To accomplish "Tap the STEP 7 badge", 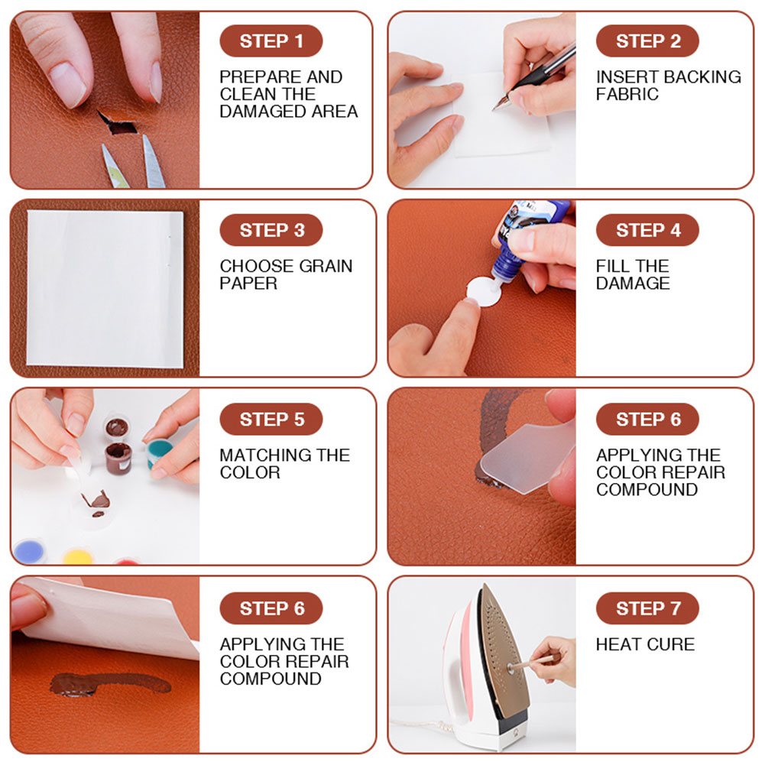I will [x=647, y=608].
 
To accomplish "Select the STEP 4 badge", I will [x=647, y=230].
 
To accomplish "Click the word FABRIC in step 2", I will [x=627, y=95].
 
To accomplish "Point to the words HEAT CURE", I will [x=645, y=644].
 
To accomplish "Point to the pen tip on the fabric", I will [x=498, y=106].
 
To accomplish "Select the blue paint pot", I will [x=29, y=549].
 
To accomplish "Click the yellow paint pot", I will [x=77, y=555].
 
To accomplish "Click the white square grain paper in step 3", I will [x=105, y=288].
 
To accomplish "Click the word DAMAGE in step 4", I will [x=633, y=284].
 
